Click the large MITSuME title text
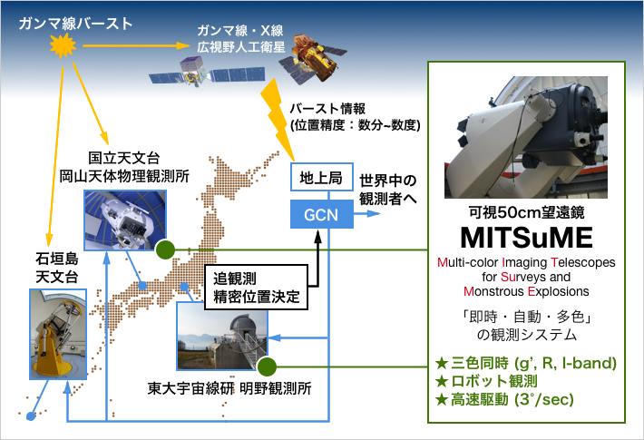coord(527,239)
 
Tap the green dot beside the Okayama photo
coord(164,249)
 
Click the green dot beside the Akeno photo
coord(266,367)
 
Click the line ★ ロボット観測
coord(487,380)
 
